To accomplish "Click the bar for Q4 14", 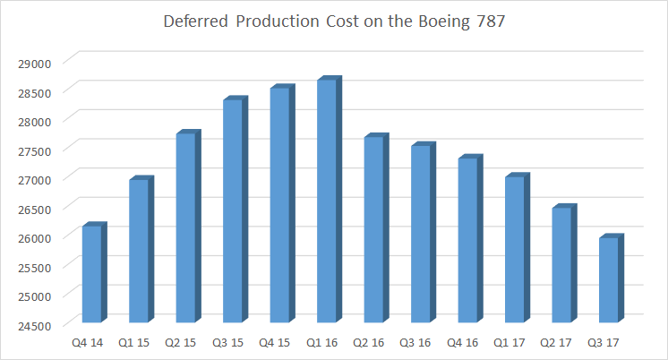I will coord(91,274).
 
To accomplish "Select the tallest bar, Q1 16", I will coord(327,201).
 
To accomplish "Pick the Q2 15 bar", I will coord(185,228).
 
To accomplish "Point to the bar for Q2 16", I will coord(374,230).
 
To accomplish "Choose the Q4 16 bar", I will coord(468,241).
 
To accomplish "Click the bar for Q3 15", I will coord(233,211).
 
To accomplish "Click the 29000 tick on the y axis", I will coord(37,62).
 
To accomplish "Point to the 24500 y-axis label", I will coord(37,324).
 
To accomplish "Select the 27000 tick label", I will coord(37,178).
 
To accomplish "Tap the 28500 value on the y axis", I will coord(37,91).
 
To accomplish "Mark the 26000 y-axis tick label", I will coord(37,236).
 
